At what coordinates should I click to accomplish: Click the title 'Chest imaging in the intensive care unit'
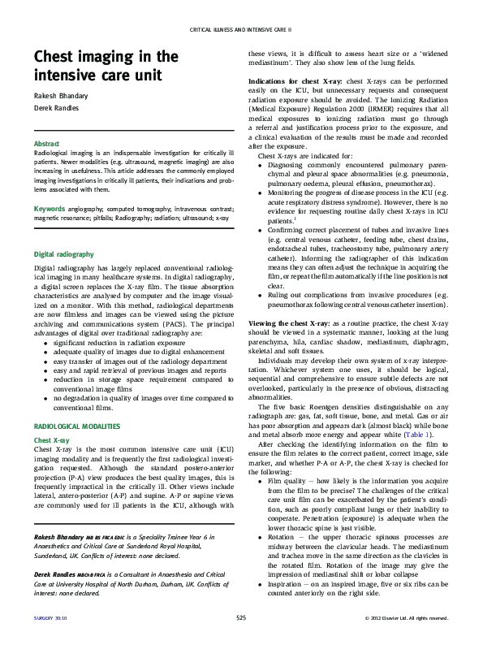pyautogui.click(x=106, y=67)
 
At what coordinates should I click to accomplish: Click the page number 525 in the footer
pyautogui.click(x=241, y=619)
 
